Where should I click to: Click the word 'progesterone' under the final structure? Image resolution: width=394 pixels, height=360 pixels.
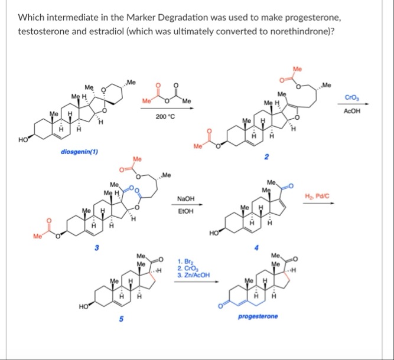click(257, 317)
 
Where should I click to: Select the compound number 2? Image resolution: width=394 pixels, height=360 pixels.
click(267, 157)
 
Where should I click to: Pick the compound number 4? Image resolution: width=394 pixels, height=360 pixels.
click(256, 247)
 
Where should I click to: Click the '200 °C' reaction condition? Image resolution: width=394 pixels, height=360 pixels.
click(164, 117)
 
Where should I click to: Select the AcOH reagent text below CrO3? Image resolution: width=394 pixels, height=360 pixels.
click(351, 110)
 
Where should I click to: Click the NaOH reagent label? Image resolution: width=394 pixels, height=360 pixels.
click(185, 199)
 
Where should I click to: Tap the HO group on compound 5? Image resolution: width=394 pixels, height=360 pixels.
click(83, 307)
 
